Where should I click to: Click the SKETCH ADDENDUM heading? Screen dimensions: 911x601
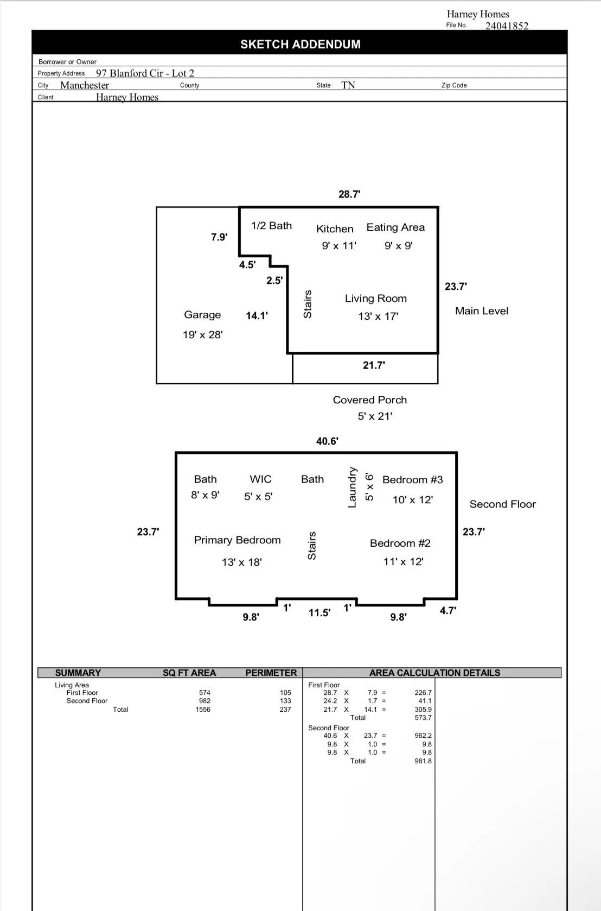(x=300, y=45)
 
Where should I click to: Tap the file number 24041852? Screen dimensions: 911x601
(x=507, y=26)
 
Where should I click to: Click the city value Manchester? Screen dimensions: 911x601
(x=85, y=85)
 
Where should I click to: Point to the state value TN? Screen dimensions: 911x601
(x=348, y=85)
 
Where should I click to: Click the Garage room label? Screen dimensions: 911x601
(x=202, y=315)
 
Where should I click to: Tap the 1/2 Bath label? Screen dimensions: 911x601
(x=271, y=226)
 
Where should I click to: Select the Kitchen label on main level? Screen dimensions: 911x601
(x=335, y=229)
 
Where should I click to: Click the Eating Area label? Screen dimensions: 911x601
(x=395, y=227)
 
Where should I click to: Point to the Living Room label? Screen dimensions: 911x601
(x=376, y=299)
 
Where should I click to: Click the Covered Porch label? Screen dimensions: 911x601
(x=370, y=400)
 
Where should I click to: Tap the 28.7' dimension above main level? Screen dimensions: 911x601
(x=349, y=194)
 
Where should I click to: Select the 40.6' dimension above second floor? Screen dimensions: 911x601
(x=327, y=441)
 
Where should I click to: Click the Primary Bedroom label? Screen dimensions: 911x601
(x=238, y=540)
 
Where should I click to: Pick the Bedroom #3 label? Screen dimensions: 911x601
(x=413, y=480)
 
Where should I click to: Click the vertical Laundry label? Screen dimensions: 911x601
(x=352, y=488)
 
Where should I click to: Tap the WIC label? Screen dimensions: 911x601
(x=260, y=479)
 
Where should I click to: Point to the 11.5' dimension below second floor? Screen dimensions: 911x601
(x=319, y=613)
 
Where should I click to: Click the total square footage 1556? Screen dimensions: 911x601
(x=203, y=710)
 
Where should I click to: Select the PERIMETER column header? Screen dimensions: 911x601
(x=271, y=673)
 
